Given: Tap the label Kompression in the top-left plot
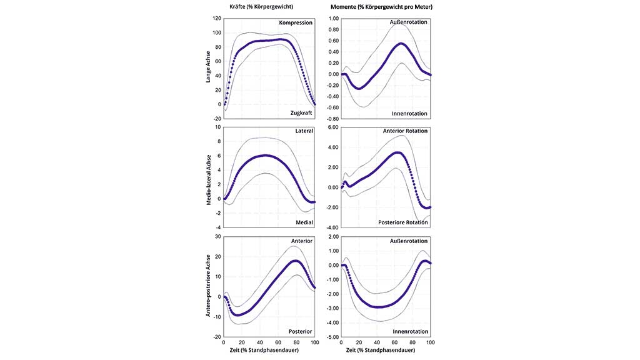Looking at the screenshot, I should click(x=296, y=23).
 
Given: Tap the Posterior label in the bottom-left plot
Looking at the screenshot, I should click(x=300, y=331).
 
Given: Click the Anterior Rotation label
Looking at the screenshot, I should click(x=406, y=131).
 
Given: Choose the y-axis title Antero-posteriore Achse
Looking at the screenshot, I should click(x=209, y=286).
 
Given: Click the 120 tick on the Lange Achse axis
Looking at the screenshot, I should click(x=216, y=19).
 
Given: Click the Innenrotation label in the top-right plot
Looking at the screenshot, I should click(x=409, y=114).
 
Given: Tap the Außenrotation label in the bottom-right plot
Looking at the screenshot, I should click(x=409, y=241).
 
